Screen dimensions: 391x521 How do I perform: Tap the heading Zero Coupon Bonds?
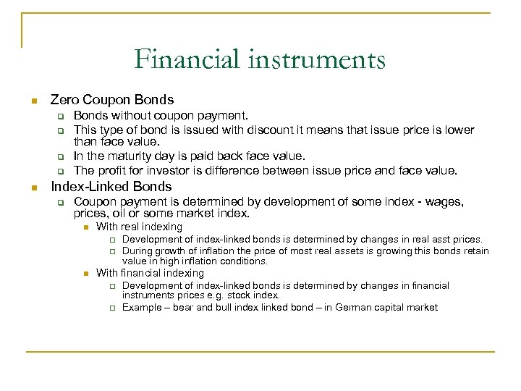click(x=111, y=100)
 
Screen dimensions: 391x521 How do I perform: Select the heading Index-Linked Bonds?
click(x=111, y=186)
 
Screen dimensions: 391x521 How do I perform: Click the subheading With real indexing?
click(x=139, y=227)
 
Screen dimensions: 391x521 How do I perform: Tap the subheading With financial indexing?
click(x=150, y=273)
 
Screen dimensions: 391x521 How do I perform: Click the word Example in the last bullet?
click(x=143, y=308)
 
